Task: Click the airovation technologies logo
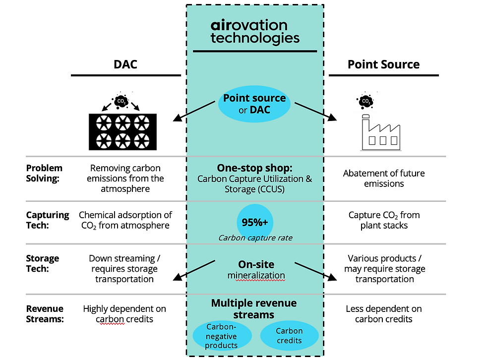coord(254,32)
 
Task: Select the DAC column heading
coord(126,64)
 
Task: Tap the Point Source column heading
coord(383,64)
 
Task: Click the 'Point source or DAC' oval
coord(254,104)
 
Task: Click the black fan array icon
coord(122,131)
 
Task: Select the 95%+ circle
coord(255,222)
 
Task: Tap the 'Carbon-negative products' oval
coord(222,336)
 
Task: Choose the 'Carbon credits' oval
coord(289,336)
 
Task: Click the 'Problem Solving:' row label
coord(44,173)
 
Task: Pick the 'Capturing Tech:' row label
coord(48,220)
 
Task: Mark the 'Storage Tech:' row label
coord(43,263)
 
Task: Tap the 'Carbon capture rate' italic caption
coord(255,238)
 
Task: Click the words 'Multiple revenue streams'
coord(254,308)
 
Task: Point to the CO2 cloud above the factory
coord(365,101)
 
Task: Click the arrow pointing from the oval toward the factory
coord(315,111)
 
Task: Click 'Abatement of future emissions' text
coord(384,178)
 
